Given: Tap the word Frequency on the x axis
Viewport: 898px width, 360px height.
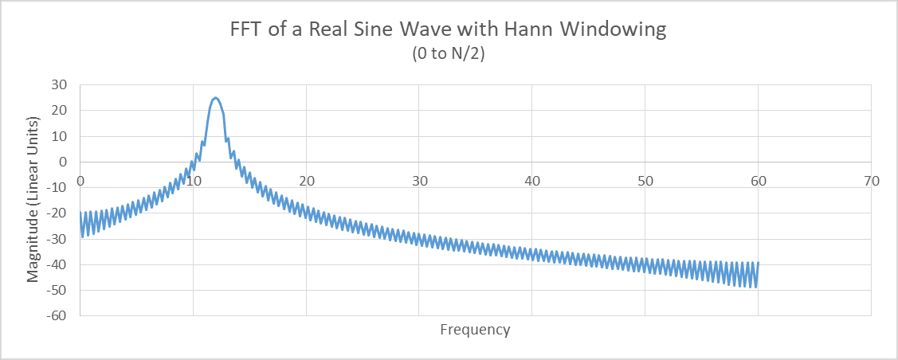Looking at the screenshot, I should pyautogui.click(x=475, y=329).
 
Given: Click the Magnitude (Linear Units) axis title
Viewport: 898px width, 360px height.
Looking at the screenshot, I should pyautogui.click(x=33, y=199).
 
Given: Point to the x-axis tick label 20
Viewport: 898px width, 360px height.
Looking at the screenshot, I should pyautogui.click(x=306, y=180).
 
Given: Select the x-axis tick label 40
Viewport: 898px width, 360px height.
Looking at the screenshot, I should pyautogui.click(x=532, y=180).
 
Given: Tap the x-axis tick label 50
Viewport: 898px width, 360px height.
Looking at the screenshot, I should pyautogui.click(x=645, y=180).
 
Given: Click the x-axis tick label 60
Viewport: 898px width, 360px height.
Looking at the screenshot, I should pyautogui.click(x=759, y=180).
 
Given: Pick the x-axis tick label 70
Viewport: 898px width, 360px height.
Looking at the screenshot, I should pyautogui.click(x=872, y=180).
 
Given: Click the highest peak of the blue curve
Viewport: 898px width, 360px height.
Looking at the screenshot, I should pyautogui.click(x=215, y=97).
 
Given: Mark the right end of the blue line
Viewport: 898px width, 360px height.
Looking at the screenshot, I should pyautogui.click(x=758, y=263).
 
